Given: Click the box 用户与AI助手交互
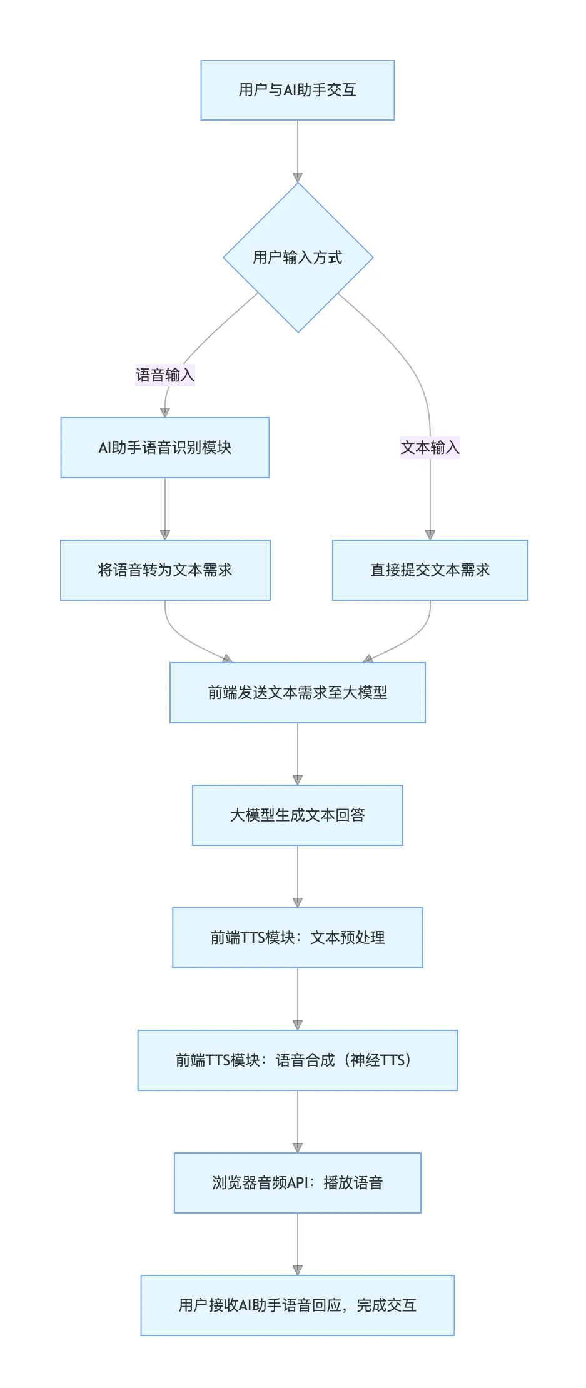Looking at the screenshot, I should (297, 90).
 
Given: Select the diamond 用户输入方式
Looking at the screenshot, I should (298, 258).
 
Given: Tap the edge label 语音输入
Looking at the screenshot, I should (164, 375).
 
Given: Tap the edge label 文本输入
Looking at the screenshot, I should (430, 448).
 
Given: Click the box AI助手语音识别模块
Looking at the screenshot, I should (164, 448).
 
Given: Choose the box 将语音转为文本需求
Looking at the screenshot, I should (164, 570).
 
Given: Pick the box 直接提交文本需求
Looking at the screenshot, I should (430, 570).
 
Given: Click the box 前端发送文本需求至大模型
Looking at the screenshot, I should (297, 693).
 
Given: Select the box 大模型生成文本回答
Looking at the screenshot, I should (297, 815).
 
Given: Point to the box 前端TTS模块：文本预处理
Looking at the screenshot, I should (297, 938).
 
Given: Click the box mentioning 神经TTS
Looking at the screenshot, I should (297, 1060).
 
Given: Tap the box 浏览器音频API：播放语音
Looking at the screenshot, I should (297, 1183).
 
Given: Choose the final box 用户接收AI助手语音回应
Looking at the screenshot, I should (297, 1305).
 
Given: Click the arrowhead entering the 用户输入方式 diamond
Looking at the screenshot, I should (298, 178).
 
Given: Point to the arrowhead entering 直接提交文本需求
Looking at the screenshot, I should (430, 535).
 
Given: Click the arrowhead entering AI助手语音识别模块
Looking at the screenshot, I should (165, 413).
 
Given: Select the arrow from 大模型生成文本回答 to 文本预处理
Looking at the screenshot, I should (298, 875).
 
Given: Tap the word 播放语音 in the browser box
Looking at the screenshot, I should (353, 1183).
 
